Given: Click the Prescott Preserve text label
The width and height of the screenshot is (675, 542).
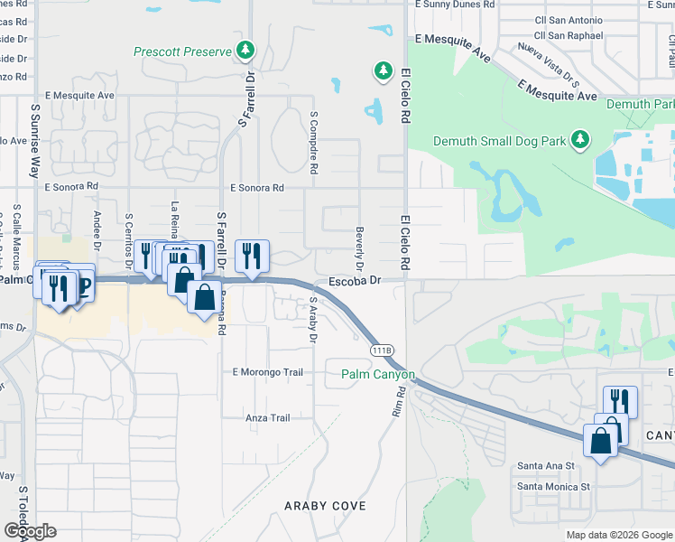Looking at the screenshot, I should tap(181, 51).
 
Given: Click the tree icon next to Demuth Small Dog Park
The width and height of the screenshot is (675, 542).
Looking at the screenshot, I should tap(581, 139).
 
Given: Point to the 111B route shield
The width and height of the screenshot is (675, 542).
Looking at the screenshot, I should tap(379, 349).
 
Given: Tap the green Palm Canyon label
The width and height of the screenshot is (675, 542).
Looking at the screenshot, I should tap(377, 374).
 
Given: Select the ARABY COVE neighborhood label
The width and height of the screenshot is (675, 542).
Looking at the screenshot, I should tap(325, 506).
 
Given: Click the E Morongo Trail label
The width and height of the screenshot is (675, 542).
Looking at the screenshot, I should tap(267, 372).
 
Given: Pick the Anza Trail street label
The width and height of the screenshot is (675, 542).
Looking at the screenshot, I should tap(268, 417).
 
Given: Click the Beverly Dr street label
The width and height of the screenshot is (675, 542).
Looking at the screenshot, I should tap(359, 249).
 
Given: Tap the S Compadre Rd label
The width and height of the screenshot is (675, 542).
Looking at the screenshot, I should tap(314, 143).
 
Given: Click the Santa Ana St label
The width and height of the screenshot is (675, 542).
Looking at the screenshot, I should tap(545, 465).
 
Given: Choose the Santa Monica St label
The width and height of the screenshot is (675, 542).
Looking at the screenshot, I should tap(552, 486).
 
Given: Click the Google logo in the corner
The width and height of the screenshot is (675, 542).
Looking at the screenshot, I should tap(29, 531).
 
